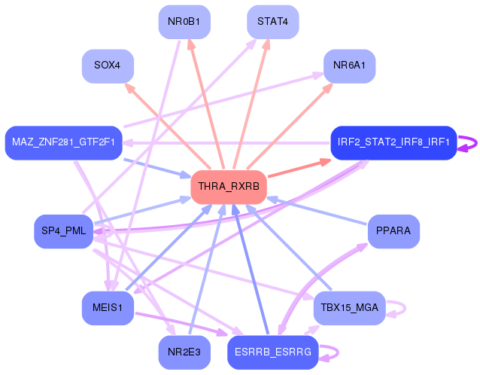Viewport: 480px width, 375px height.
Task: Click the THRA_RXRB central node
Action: [229, 187]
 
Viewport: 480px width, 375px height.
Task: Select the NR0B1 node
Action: [184, 22]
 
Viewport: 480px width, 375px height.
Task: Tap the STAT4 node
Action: [273, 22]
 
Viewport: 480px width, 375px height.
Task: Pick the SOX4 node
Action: [108, 66]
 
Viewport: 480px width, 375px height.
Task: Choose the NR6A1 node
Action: [349, 66]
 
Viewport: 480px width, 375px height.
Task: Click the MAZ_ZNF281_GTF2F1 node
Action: [64, 142]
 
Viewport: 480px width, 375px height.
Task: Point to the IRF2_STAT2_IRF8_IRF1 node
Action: [393, 142]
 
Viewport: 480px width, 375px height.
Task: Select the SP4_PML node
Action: [64, 231]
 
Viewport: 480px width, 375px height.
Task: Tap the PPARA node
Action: [393, 231]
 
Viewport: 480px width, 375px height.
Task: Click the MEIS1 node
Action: [108, 307]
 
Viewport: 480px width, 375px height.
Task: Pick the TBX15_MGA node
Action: [349, 307]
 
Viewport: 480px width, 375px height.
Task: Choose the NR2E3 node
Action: [184, 352]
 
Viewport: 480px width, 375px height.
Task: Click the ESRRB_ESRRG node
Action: [273, 352]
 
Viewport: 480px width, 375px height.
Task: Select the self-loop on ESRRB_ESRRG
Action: [338, 352]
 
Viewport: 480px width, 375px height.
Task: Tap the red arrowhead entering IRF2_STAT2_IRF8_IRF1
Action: [325, 162]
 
